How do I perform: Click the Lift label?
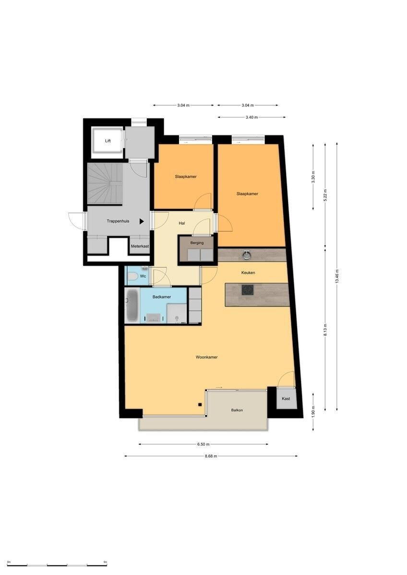108,141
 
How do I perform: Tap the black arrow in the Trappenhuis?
142,221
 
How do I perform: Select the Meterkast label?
140,246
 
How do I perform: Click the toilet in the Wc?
133,276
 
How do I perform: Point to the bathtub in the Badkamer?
132,306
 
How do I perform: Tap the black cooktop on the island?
248,290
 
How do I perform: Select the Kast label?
286,399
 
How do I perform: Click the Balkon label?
237,410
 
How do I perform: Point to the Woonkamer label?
207,357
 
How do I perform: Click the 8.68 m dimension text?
211,456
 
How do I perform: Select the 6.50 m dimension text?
203,444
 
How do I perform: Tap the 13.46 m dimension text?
337,276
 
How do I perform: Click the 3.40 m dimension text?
251,117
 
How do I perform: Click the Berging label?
197,242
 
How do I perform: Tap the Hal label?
182,223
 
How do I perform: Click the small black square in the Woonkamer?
200,405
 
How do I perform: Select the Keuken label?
248,273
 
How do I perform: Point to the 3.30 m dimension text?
313,177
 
